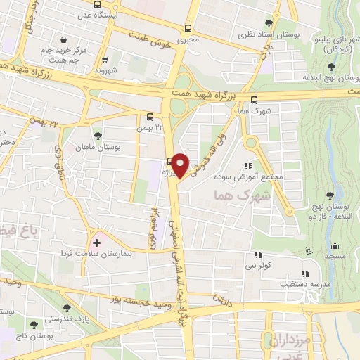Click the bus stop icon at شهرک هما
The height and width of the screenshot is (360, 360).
click(x=255, y=100)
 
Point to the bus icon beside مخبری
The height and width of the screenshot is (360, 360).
click(x=188, y=28)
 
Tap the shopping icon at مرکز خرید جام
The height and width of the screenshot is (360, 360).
click(x=65, y=40)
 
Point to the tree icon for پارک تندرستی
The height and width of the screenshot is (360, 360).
click(x=67, y=307)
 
